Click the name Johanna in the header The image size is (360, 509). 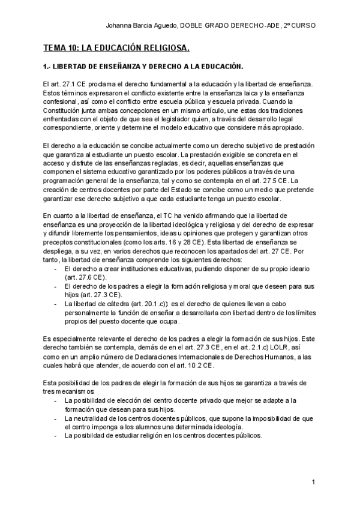click(x=119, y=26)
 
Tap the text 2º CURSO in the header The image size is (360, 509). click(x=300, y=26)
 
